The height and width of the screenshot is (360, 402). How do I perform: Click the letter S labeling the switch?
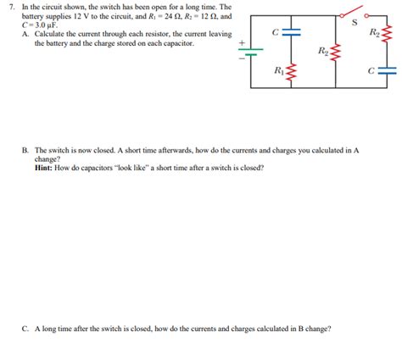pyautogui.click(x=355, y=25)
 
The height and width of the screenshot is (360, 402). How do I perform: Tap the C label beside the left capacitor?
pyautogui.click(x=276, y=31)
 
